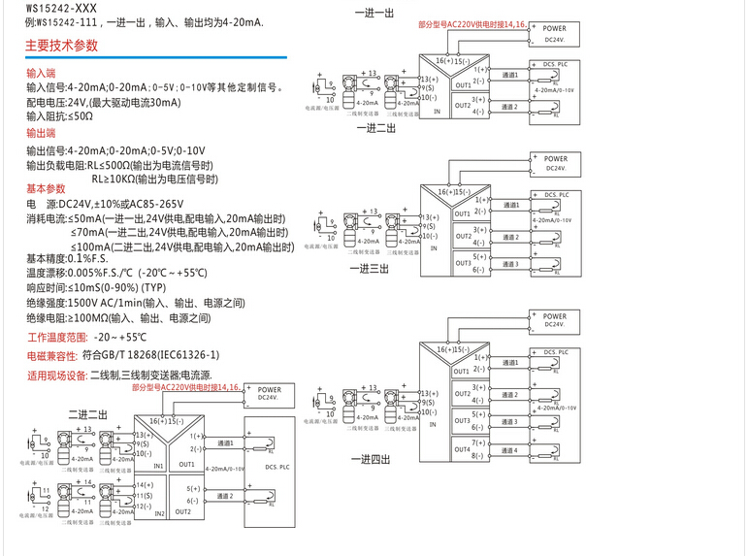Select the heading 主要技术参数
coord(62,45)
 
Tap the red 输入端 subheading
coord(42,73)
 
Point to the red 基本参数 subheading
coord(46,188)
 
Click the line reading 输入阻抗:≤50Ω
coord(60,115)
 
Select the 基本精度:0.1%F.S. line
coord(67,258)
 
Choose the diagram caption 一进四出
coord(374,458)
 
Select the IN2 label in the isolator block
coord(160,511)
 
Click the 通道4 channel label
coord(510,450)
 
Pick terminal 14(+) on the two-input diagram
coord(144,484)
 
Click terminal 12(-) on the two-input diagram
coord(144,507)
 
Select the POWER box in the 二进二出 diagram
coord(270,394)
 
